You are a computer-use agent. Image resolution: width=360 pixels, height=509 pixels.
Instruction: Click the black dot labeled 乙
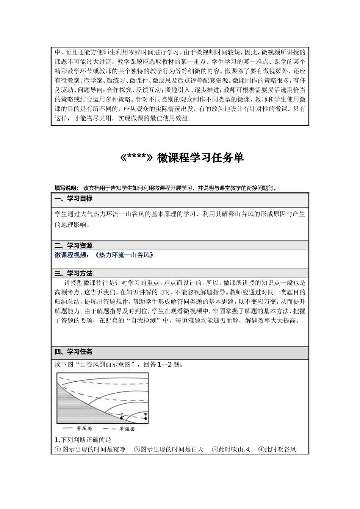pos(122,418)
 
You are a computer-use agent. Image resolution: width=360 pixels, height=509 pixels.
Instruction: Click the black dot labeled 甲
pos(146,418)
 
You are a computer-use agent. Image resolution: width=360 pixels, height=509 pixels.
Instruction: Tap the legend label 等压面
pos(84,429)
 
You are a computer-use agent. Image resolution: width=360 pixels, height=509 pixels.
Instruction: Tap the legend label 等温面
pos(127,429)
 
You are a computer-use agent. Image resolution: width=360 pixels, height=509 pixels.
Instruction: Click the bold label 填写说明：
pos(66,188)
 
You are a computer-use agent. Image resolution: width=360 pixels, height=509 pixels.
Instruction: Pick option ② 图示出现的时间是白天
pos(169,450)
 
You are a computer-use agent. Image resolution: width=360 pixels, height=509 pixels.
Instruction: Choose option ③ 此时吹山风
pos(231,450)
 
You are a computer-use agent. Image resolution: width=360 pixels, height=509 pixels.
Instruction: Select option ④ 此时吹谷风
pos(277,450)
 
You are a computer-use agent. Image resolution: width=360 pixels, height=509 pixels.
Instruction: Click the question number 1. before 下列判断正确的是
pos(58,440)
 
